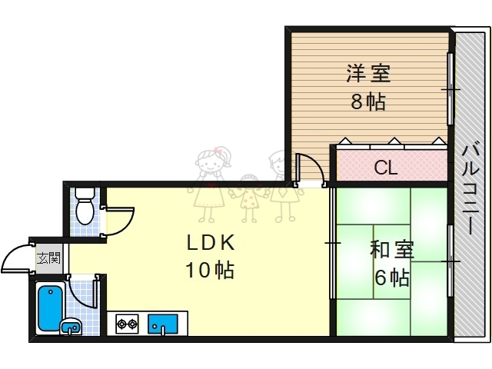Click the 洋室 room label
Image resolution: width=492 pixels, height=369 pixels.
click(x=368, y=74)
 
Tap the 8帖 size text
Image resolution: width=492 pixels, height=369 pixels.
click(x=368, y=101)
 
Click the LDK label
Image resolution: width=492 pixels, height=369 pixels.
click(x=210, y=243)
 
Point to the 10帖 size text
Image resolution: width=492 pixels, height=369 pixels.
click(x=209, y=271)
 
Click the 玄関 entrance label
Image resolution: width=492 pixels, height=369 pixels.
click(x=48, y=257)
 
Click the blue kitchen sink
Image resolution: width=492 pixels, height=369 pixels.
click(x=162, y=324)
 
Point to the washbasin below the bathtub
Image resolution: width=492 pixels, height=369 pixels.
click(x=71, y=327)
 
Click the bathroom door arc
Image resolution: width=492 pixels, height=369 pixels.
click(x=83, y=291)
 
